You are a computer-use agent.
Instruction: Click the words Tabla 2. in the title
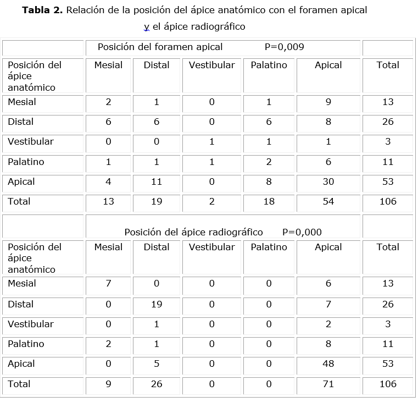(x=43, y=10)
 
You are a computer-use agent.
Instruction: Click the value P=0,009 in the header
(x=284, y=47)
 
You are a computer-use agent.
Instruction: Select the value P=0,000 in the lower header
(x=302, y=232)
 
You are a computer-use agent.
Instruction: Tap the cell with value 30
(x=328, y=182)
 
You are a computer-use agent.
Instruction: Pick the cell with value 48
(x=328, y=364)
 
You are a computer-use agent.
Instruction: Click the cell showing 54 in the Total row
(x=328, y=202)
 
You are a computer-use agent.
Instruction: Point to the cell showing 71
(x=328, y=384)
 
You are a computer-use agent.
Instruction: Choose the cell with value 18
(x=269, y=202)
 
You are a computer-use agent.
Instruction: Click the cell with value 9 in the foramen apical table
(x=328, y=102)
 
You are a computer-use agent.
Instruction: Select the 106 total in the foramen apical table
(x=388, y=202)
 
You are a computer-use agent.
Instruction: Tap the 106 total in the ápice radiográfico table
(x=388, y=384)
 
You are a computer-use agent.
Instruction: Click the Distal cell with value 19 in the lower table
(x=157, y=304)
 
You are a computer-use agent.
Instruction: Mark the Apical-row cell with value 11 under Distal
(x=157, y=182)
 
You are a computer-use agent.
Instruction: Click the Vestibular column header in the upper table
(x=211, y=65)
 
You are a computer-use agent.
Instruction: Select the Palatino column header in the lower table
(x=269, y=247)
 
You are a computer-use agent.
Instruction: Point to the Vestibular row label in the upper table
(x=31, y=142)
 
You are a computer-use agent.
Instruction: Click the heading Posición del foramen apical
(x=160, y=47)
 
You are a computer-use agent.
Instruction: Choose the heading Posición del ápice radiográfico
(x=193, y=232)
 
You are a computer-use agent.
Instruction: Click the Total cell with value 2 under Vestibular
(x=211, y=202)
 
